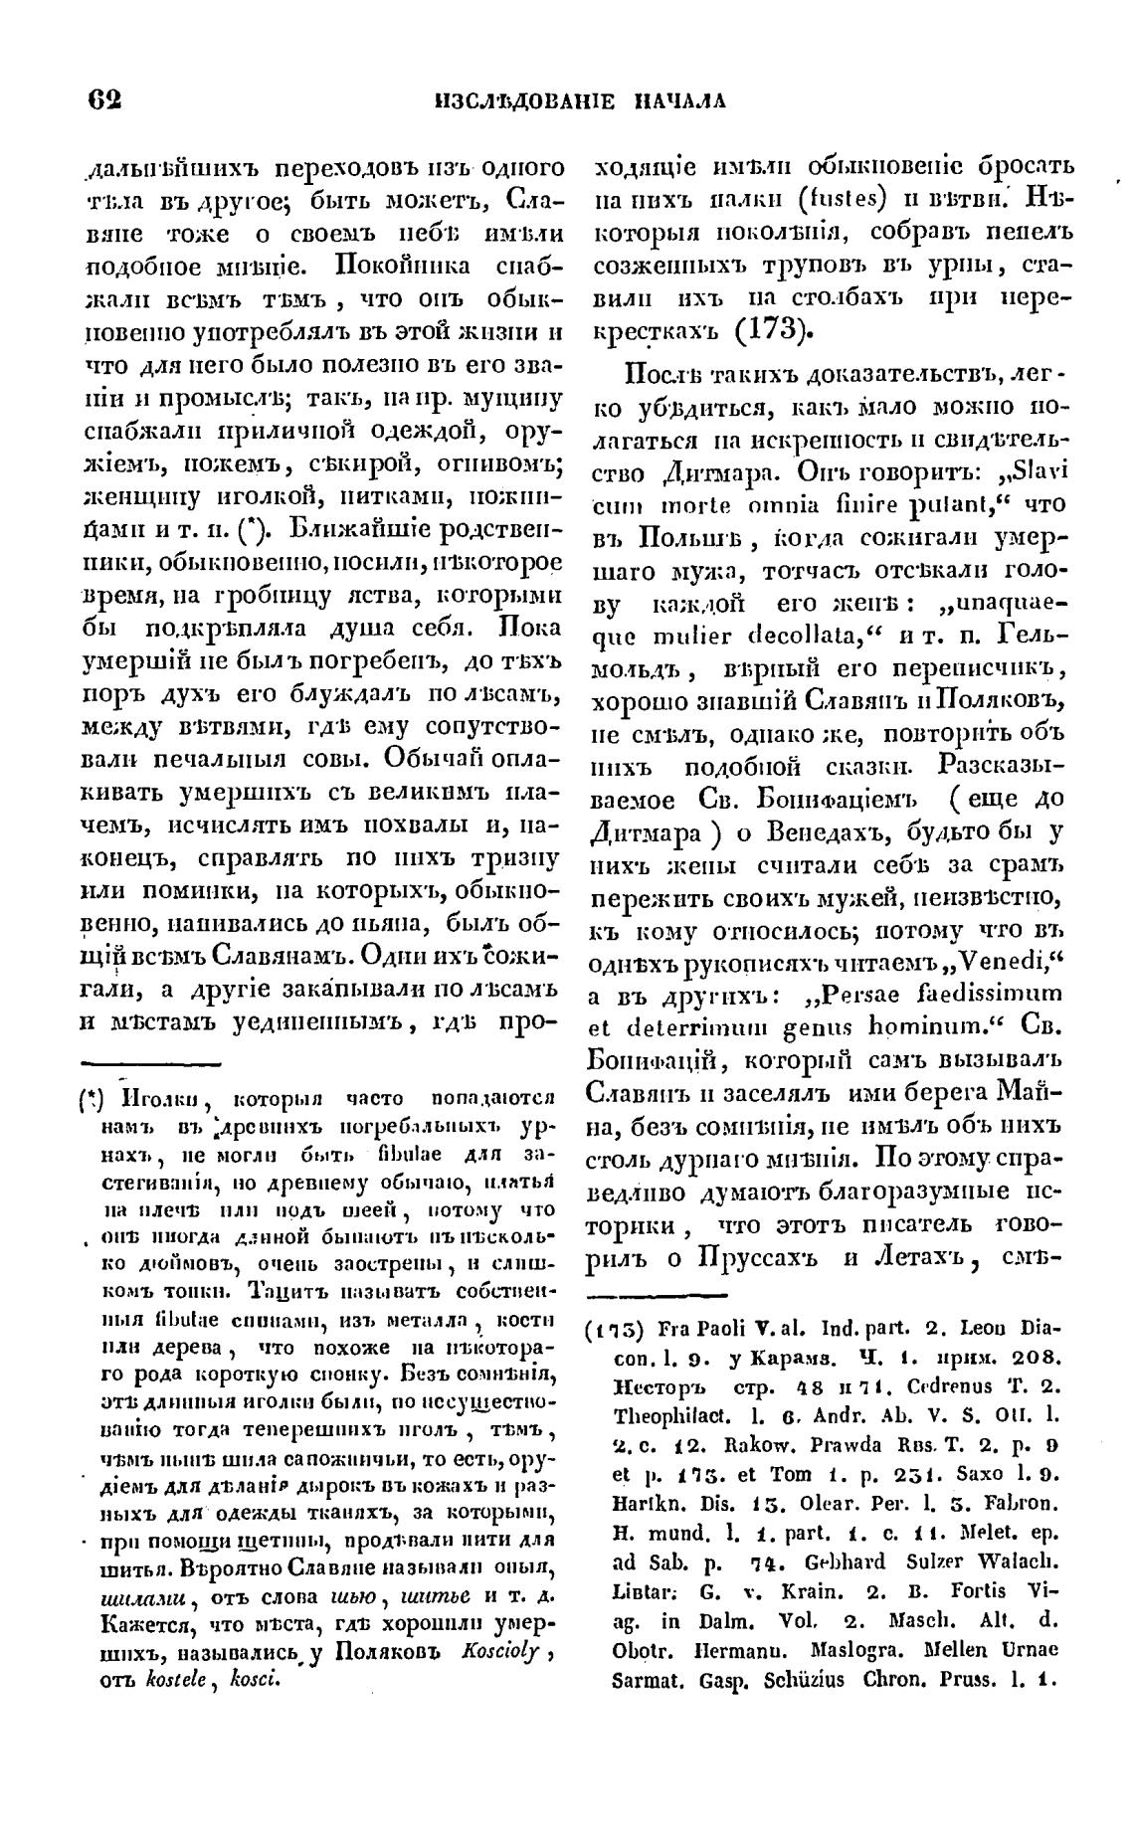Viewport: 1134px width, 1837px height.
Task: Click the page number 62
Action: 104,99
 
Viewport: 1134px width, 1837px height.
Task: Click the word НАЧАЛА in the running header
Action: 684,100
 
